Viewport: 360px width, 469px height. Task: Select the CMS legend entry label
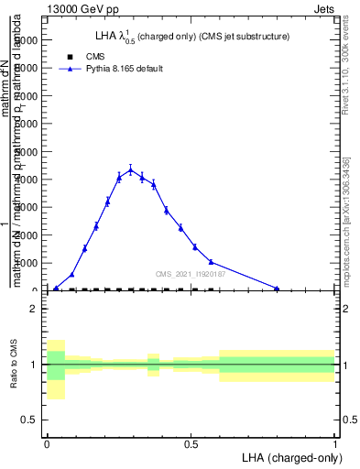[96, 57]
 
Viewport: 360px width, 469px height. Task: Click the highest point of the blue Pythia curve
[130, 169]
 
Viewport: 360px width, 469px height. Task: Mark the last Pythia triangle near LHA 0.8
[277, 289]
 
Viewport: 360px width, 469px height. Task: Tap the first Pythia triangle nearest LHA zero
[56, 289]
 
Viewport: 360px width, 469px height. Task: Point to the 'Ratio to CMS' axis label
[14, 365]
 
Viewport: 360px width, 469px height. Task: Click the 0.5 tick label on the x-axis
[191, 442]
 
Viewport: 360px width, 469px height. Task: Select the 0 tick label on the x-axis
[47, 442]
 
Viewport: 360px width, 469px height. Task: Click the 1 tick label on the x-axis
[334, 442]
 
